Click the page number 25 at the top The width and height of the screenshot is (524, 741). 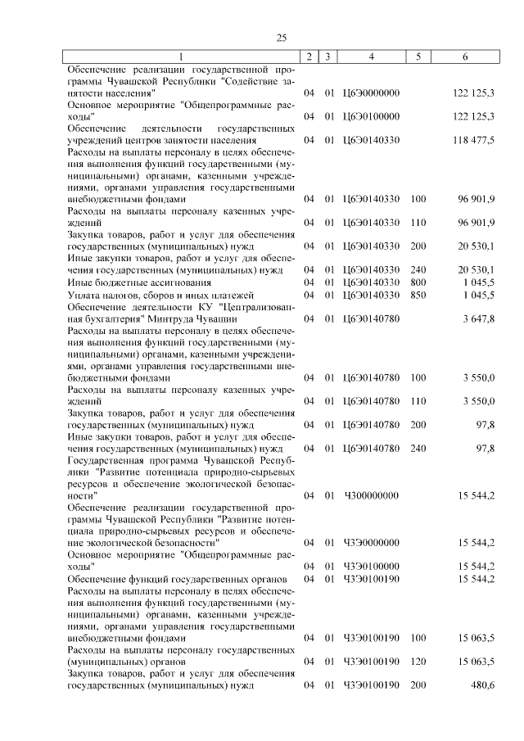(x=281, y=38)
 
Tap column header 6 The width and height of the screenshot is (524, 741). (x=465, y=56)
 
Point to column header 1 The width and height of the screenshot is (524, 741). (x=181, y=56)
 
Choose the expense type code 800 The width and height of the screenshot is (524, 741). (x=418, y=282)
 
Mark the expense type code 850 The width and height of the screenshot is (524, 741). (x=418, y=294)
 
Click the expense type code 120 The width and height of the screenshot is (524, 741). (x=418, y=661)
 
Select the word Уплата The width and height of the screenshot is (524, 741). (x=84, y=294)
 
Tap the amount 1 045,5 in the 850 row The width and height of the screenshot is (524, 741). (x=477, y=294)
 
